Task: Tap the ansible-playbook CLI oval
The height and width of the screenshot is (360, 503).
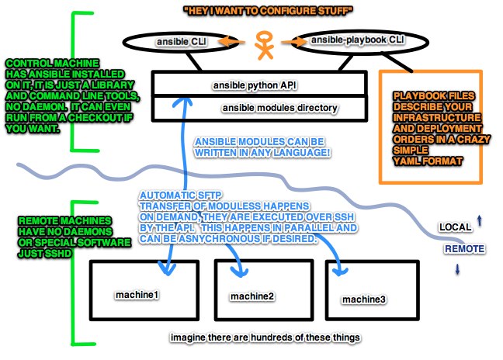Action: click(x=349, y=39)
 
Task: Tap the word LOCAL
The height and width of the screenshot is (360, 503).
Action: click(x=455, y=227)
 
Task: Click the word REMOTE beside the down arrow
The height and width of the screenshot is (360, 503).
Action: click(x=464, y=249)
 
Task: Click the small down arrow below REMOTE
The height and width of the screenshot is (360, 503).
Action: click(x=457, y=268)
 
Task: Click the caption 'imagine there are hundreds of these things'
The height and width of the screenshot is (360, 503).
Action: click(x=256, y=339)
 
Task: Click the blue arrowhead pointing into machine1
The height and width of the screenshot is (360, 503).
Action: click(x=165, y=268)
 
